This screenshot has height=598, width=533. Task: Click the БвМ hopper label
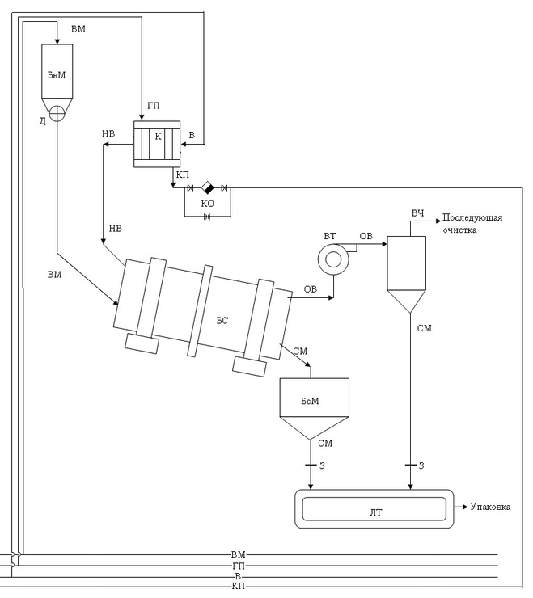click(57, 75)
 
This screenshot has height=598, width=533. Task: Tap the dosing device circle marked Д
click(57, 113)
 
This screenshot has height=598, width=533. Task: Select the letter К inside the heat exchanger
click(158, 137)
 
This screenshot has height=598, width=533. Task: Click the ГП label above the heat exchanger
click(154, 106)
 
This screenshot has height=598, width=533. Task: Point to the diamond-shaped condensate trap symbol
click(208, 187)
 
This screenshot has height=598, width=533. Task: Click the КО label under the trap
click(208, 204)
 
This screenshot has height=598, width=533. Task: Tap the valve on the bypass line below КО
click(207, 217)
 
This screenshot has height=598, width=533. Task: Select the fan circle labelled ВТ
click(333, 259)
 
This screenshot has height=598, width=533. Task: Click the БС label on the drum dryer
click(222, 320)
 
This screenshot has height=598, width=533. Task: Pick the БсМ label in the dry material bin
click(310, 401)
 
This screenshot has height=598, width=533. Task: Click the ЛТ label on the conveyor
click(375, 512)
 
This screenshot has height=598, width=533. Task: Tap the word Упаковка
click(490, 507)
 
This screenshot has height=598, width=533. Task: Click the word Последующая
click(472, 217)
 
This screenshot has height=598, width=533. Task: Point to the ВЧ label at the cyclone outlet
click(417, 213)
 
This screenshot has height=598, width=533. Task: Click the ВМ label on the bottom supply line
click(239, 554)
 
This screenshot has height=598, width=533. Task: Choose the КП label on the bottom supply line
click(239, 586)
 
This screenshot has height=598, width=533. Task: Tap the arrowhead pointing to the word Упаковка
click(465, 507)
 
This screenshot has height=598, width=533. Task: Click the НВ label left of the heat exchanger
click(108, 134)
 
